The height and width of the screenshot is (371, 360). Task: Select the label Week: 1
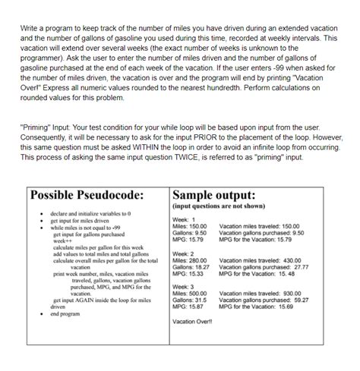pos(185,219)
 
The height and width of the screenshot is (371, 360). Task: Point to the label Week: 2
pos(185,254)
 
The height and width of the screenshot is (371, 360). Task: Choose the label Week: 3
pos(185,288)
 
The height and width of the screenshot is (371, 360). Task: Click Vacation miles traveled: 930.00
pos(261,294)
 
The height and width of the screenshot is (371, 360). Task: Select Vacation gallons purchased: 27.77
pos(264,267)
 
